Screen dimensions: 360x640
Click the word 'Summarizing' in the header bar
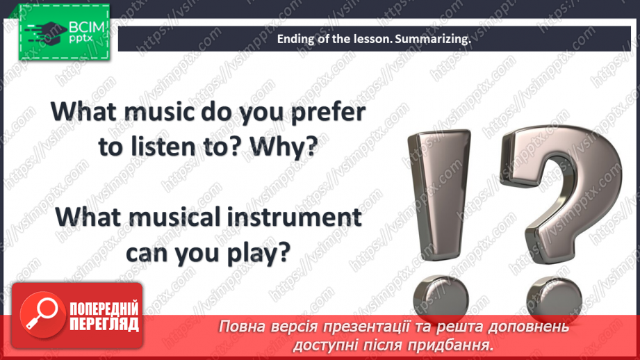click(432, 40)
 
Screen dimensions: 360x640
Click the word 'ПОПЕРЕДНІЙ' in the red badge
click(104, 309)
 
